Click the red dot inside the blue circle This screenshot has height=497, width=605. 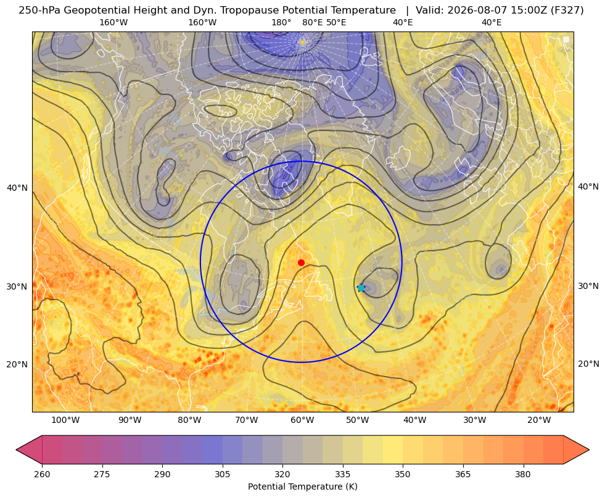(x=302, y=262)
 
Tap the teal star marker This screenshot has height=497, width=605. (x=361, y=288)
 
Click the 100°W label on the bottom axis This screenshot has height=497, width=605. (x=65, y=420)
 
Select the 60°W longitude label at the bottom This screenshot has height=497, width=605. (x=302, y=420)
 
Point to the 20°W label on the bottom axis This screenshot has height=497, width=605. (x=539, y=420)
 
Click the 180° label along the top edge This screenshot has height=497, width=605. (x=281, y=22)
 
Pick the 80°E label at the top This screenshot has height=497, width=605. (x=313, y=22)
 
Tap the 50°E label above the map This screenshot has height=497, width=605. (x=336, y=22)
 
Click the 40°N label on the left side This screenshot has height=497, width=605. (x=17, y=188)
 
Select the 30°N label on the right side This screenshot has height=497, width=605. (x=588, y=286)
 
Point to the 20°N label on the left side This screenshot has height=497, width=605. (x=17, y=364)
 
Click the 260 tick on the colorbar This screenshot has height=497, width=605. (x=42, y=474)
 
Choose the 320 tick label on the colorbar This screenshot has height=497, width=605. (x=282, y=474)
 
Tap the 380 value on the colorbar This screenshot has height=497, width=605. (x=523, y=474)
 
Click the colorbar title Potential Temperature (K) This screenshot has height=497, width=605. (x=302, y=487)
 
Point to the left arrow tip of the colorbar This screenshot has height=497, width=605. (x=16, y=449)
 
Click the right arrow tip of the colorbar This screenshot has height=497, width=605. (x=589, y=449)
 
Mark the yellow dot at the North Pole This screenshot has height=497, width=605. (x=302, y=42)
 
